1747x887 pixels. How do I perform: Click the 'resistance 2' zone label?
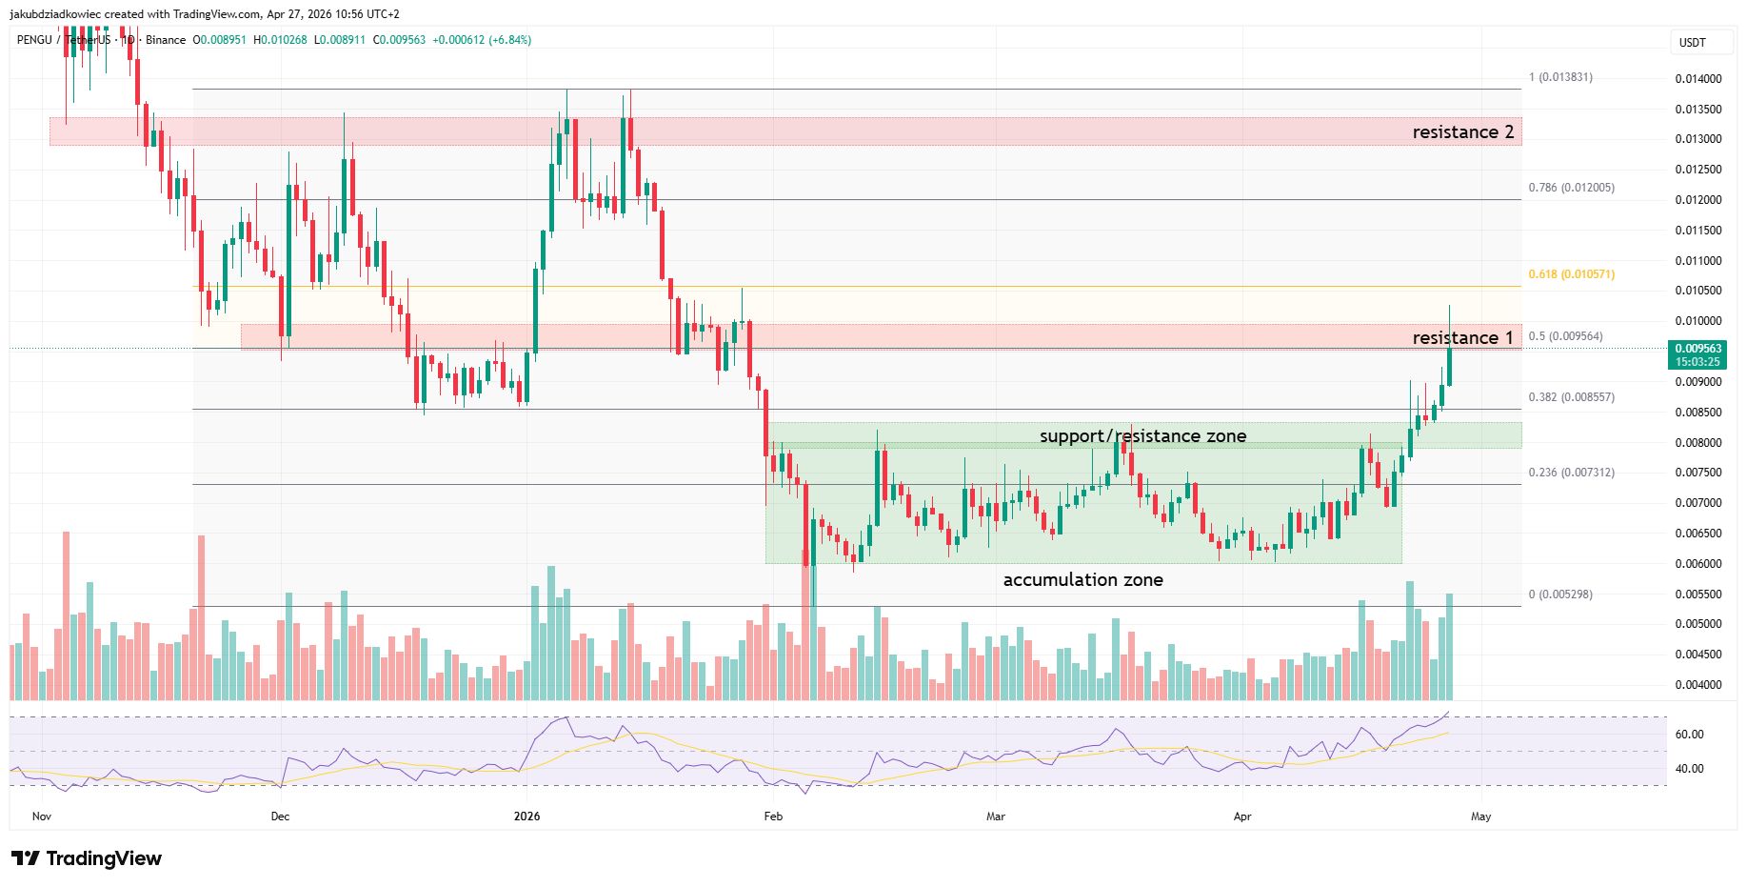tap(1462, 132)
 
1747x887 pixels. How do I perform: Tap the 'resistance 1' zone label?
tap(1462, 338)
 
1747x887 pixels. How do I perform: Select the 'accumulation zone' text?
tap(1082, 580)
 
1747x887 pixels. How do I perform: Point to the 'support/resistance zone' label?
tap(1142, 436)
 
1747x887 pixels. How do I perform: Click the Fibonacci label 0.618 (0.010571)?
tap(1571, 274)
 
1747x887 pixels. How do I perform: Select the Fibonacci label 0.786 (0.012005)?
tap(1571, 188)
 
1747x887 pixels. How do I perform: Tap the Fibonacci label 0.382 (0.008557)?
tap(1571, 397)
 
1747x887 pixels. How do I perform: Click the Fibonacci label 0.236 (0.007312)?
tap(1571, 473)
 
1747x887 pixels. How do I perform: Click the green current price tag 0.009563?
tap(1698, 354)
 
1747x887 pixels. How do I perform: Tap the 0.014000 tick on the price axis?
tap(1698, 79)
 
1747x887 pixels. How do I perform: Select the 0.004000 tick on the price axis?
tap(1698, 685)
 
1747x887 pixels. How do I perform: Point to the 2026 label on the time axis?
tap(526, 816)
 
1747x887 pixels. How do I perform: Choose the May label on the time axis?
tap(1480, 816)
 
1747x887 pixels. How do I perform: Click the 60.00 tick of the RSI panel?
tap(1689, 735)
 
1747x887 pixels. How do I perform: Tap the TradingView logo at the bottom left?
tap(87, 858)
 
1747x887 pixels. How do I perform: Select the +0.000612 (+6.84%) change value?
tap(482, 40)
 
